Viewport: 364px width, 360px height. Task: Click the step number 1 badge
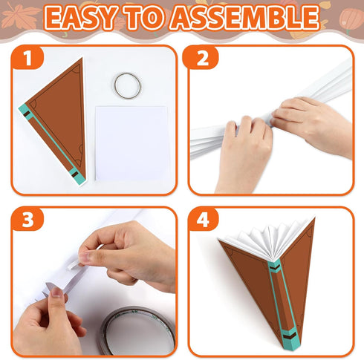point(27,59)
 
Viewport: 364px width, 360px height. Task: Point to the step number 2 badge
point(202,59)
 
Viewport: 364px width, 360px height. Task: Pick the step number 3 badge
point(27,220)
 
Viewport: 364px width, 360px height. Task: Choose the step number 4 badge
point(203,220)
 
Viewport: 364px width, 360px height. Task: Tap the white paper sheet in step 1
point(132,143)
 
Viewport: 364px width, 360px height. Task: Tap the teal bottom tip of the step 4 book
point(290,341)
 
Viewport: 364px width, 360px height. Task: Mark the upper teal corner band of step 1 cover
point(25,112)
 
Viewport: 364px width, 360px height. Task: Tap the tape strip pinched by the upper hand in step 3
point(84,258)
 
